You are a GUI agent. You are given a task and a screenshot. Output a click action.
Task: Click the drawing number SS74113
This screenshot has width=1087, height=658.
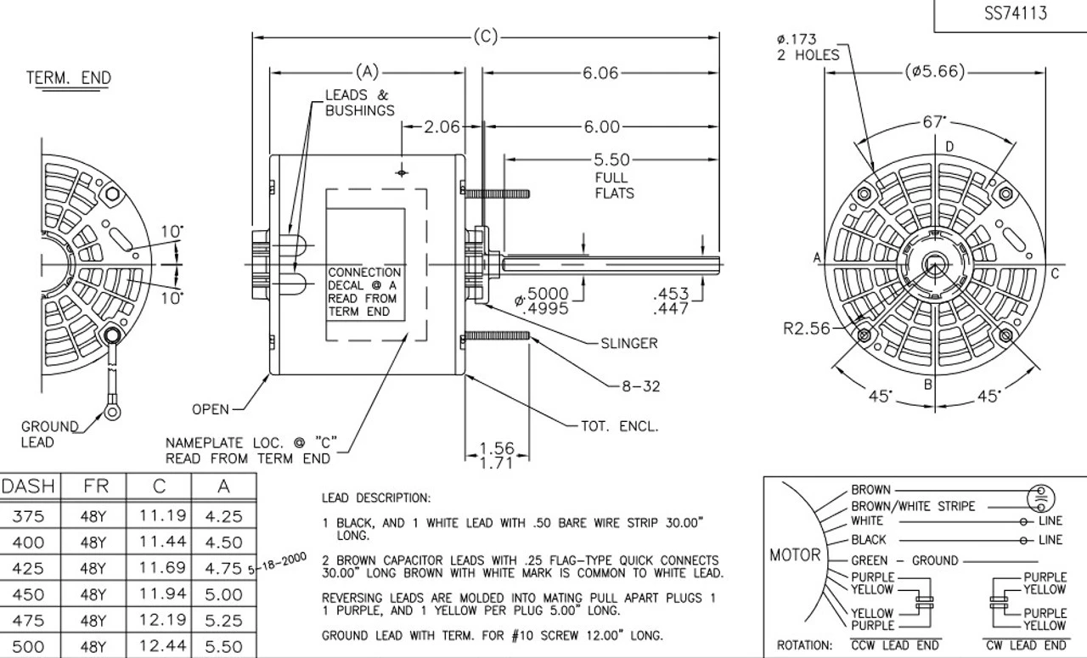(x=1014, y=13)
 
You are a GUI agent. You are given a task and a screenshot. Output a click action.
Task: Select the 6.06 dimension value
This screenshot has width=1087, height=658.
(x=600, y=73)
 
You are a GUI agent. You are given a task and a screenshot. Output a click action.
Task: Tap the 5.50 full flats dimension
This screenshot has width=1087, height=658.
(x=611, y=160)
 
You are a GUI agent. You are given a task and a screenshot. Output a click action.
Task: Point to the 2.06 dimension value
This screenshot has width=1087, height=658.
(x=441, y=127)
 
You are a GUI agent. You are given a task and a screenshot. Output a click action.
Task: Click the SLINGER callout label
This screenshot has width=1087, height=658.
(x=628, y=343)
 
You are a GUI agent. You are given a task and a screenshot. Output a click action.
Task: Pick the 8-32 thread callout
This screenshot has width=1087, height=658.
(x=639, y=386)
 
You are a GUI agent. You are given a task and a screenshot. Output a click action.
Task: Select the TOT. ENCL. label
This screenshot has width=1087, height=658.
(x=619, y=426)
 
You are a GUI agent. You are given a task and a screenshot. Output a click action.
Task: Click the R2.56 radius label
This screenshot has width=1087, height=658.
(x=807, y=329)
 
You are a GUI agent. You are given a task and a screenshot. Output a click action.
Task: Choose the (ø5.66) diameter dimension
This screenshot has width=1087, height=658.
(x=935, y=72)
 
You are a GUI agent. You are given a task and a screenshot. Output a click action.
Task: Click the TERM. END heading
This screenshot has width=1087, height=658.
(x=69, y=78)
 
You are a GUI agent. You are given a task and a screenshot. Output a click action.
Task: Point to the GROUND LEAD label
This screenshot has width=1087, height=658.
(x=49, y=434)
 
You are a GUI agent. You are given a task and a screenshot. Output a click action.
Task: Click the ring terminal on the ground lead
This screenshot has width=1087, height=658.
(x=112, y=413)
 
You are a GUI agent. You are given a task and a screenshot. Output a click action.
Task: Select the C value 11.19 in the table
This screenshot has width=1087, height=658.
(x=159, y=515)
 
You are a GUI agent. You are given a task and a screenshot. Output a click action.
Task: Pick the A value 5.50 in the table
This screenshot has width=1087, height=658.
(x=224, y=646)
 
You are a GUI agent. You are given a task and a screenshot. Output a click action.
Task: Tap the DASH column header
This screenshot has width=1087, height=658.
(x=28, y=486)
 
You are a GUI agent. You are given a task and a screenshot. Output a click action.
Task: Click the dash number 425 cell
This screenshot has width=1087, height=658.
(x=28, y=568)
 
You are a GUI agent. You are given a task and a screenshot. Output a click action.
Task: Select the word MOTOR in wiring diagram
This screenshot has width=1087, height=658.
(x=795, y=554)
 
